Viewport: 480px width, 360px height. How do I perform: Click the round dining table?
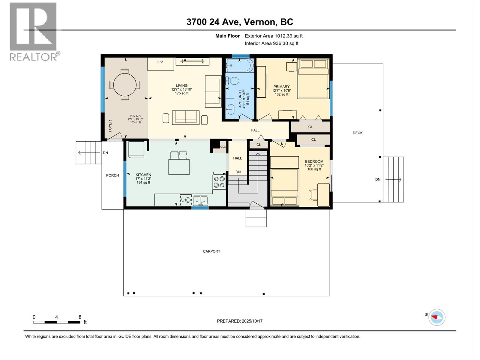125,85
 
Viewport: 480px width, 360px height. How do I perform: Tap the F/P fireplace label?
160,62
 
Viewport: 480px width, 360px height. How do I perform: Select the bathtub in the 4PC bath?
240,65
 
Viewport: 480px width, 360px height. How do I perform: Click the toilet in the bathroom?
232,81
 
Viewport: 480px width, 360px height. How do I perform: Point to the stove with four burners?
219,182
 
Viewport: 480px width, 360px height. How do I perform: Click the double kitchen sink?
200,200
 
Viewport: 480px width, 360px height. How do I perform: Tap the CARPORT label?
211,251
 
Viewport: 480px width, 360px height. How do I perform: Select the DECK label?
358,133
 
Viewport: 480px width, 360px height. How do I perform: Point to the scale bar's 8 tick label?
80,317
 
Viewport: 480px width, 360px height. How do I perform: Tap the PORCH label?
112,175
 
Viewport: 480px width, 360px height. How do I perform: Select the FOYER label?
110,126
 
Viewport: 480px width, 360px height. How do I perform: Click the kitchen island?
179,167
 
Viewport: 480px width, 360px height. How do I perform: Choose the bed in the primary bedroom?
313,79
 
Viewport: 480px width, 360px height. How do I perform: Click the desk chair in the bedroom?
314,194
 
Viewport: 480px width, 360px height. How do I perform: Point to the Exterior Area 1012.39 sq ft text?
274,36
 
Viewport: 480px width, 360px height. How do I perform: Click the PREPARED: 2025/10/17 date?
240,321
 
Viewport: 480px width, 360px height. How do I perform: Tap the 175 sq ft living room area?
182,93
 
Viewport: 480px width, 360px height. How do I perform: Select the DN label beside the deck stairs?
378,179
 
